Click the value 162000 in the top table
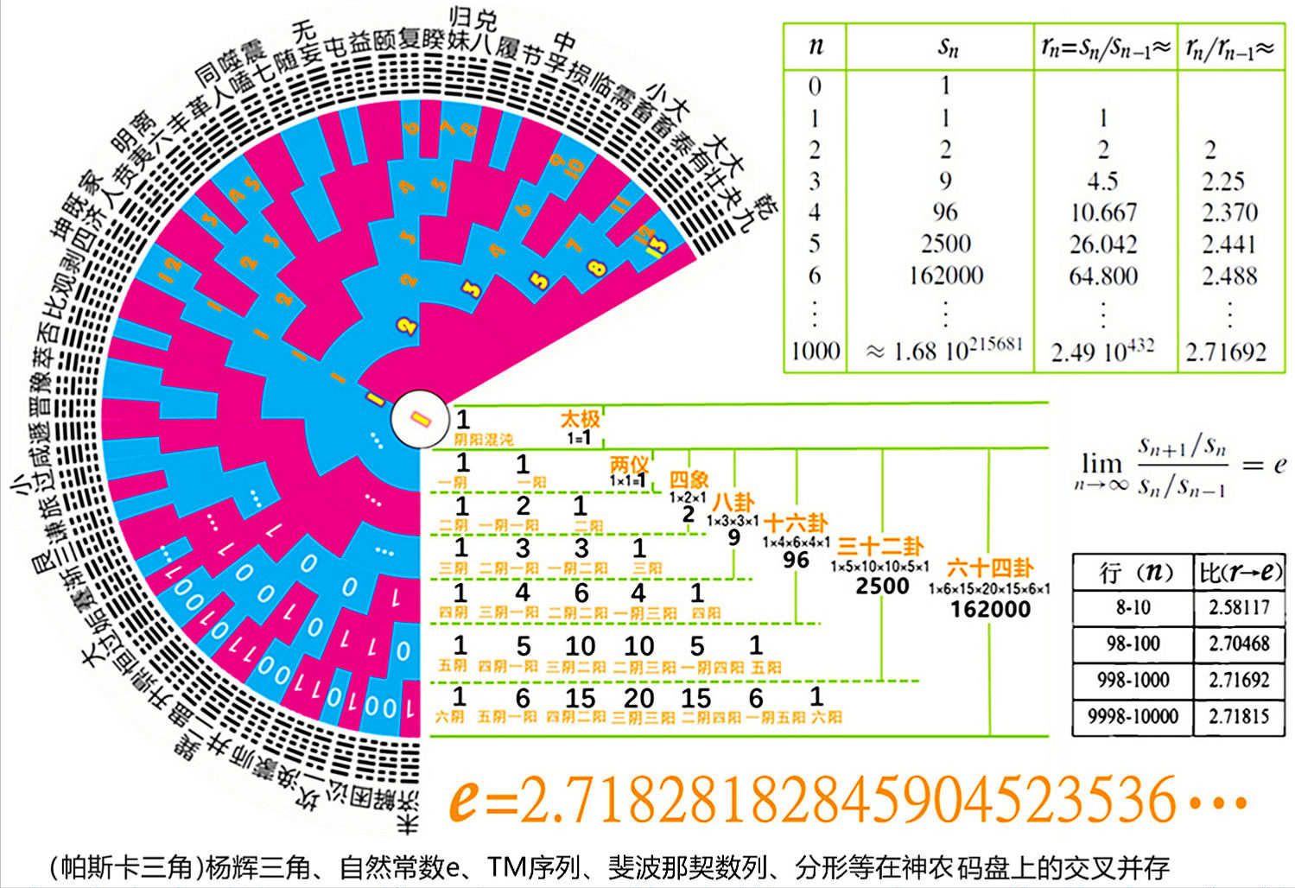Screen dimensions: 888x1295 click(x=946, y=276)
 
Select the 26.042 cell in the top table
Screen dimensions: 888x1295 click(x=1102, y=244)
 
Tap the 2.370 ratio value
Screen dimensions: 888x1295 click(x=1229, y=212)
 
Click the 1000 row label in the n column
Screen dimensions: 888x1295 click(x=815, y=351)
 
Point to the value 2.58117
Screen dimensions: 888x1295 click(x=1239, y=607)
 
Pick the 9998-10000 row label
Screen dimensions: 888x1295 click(x=1133, y=716)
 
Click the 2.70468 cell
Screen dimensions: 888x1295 click(x=1239, y=644)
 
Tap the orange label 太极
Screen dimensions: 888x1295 click(x=580, y=420)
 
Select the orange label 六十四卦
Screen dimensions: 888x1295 click(x=990, y=568)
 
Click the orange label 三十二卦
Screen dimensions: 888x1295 click(x=880, y=546)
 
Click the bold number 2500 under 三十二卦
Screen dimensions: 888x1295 click(x=882, y=586)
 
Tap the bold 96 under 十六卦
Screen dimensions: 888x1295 click(x=796, y=560)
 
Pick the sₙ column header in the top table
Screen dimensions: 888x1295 click(x=948, y=48)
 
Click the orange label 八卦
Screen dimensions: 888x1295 click(x=733, y=502)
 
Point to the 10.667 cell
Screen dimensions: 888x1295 click(x=1102, y=212)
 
